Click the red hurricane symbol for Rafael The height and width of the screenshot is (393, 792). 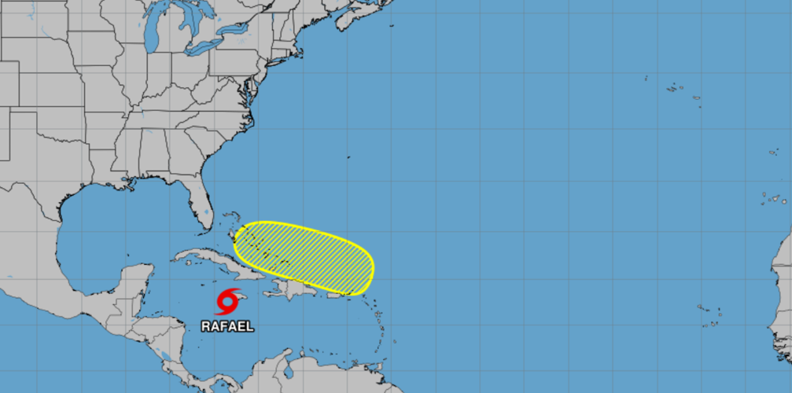(228, 301)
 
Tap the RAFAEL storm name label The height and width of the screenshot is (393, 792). (228, 325)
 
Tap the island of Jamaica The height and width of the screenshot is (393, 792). (239, 297)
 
